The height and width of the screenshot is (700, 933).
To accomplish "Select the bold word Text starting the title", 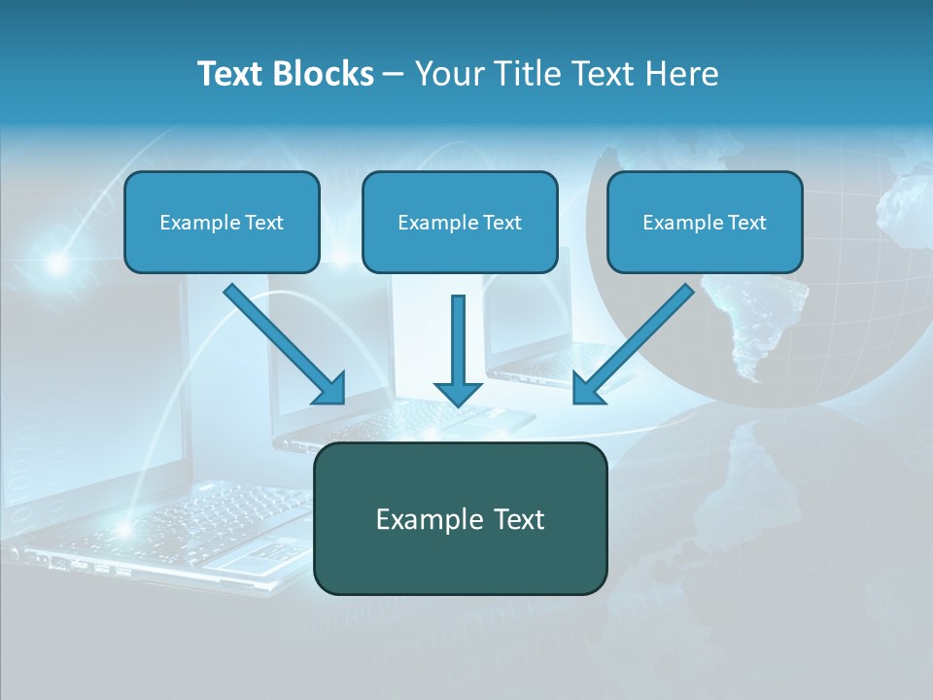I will point(233,74).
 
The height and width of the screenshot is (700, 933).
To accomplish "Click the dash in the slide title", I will point(394,75).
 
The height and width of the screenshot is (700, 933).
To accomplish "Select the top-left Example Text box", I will point(222,222).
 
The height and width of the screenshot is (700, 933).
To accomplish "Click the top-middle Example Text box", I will point(460,222).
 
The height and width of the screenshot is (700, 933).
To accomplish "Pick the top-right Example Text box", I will point(705,222).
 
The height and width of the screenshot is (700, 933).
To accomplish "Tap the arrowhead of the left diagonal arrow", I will point(330,389).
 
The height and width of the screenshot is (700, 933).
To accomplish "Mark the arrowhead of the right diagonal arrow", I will point(587,389).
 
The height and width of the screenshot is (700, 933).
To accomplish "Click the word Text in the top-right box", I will point(746,223).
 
